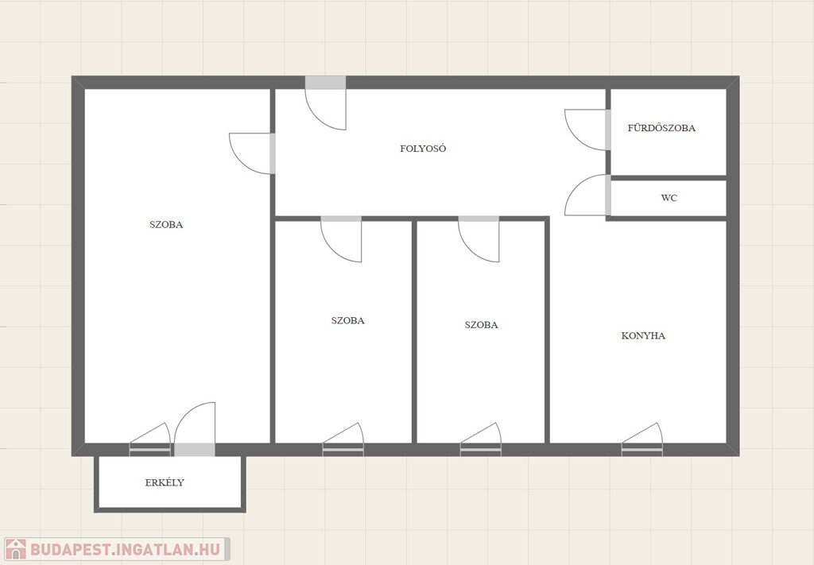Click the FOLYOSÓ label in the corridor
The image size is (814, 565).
click(423, 149)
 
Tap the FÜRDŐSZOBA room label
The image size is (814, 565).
click(661, 128)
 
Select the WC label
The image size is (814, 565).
click(669, 198)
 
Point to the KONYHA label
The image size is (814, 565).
click(643, 335)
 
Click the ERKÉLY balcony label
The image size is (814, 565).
click(165, 482)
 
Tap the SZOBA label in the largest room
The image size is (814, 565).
click(166, 225)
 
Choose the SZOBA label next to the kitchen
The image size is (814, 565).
click(481, 325)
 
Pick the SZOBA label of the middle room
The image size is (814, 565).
click(348, 320)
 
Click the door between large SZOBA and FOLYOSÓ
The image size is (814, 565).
click(252, 153)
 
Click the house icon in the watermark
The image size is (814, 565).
click(16, 549)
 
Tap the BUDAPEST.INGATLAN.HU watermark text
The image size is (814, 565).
click(125, 549)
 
